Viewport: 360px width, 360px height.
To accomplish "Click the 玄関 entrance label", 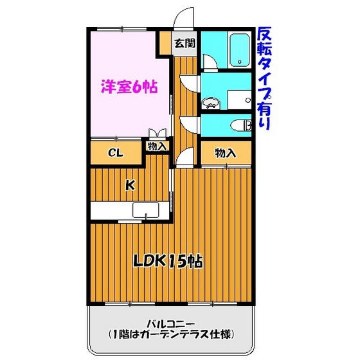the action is (184, 43).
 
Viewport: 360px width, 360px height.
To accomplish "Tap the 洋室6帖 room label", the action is (129, 87).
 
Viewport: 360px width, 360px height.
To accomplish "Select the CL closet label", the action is (116, 152).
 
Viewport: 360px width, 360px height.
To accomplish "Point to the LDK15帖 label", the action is (168, 261).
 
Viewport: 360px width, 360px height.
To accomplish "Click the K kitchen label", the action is (130, 185).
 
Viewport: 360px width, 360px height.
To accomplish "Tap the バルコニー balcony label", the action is (171, 325).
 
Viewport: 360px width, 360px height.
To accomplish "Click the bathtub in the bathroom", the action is (239, 50).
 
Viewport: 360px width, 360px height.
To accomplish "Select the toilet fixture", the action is (241, 125).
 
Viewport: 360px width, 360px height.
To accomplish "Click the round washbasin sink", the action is (211, 104).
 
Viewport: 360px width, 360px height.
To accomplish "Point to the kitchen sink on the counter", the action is (145, 210).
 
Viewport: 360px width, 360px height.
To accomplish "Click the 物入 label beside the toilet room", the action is (226, 153).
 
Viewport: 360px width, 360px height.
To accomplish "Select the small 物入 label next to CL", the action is (157, 146).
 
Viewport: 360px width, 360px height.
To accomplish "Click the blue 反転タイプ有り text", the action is (264, 78).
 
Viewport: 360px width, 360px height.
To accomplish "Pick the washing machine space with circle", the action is (239, 100).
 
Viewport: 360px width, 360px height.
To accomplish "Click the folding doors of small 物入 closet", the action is (157, 133).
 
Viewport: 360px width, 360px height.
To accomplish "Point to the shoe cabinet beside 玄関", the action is (165, 43).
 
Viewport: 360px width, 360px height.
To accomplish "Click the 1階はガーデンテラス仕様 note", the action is (171, 334).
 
